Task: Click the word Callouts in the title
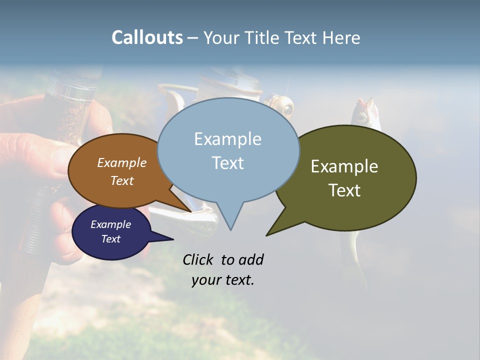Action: click(147, 37)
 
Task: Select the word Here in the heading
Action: click(341, 37)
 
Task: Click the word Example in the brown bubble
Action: click(122, 162)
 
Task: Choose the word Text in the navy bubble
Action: click(111, 239)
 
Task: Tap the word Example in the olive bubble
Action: click(344, 166)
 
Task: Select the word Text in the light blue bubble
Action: click(228, 163)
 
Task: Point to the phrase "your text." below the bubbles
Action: click(223, 280)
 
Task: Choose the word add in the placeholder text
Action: click(251, 259)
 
